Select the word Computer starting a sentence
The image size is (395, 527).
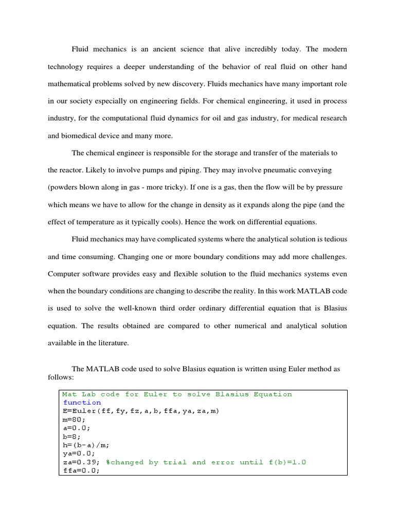point(65,274)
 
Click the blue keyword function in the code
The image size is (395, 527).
point(82,402)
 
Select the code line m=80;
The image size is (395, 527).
point(73,419)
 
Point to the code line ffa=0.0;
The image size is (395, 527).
point(79,470)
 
